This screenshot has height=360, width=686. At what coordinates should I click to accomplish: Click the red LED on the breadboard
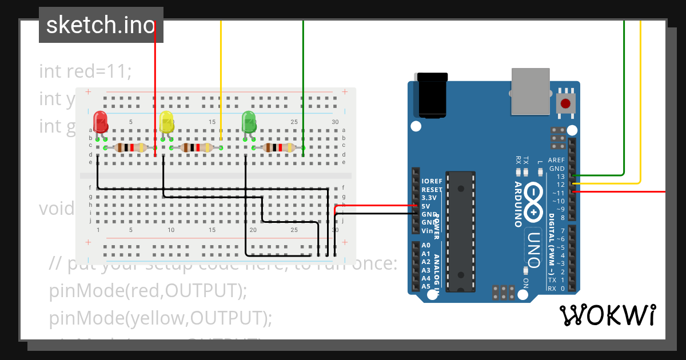pos(101,122)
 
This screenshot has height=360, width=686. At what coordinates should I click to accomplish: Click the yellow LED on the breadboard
pos(166,122)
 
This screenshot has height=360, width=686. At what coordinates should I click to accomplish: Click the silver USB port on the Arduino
pos(530,91)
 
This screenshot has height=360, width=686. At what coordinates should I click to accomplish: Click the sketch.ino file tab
pos(101,25)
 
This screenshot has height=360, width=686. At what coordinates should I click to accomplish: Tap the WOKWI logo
pos(607,315)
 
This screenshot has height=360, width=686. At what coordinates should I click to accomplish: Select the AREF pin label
pos(556,161)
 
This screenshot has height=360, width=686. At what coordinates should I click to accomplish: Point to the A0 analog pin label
pos(425,245)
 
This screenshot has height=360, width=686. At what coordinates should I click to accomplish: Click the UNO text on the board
pos(533,249)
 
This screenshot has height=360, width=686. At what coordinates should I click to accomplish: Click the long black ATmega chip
pos(460,231)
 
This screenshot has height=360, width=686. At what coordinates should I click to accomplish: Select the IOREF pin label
pos(432,181)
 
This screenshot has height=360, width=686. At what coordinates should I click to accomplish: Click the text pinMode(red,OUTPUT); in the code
pos(148,291)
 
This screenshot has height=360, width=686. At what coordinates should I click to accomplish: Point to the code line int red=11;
pos(86,71)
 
